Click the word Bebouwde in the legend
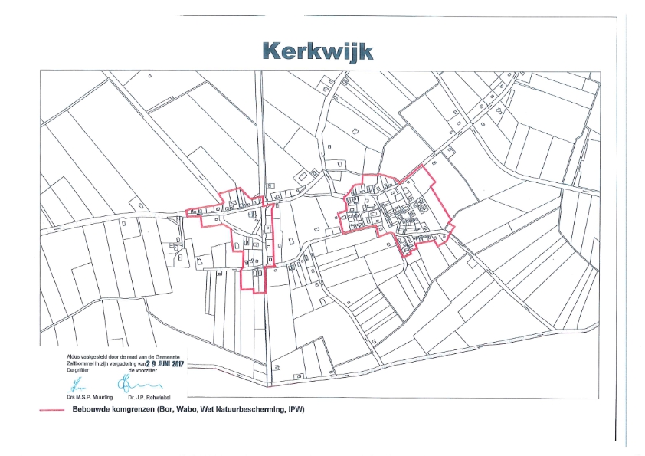point(88,410)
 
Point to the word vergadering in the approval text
point(127,363)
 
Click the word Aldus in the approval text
point(71,357)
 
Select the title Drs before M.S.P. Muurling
point(70,398)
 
